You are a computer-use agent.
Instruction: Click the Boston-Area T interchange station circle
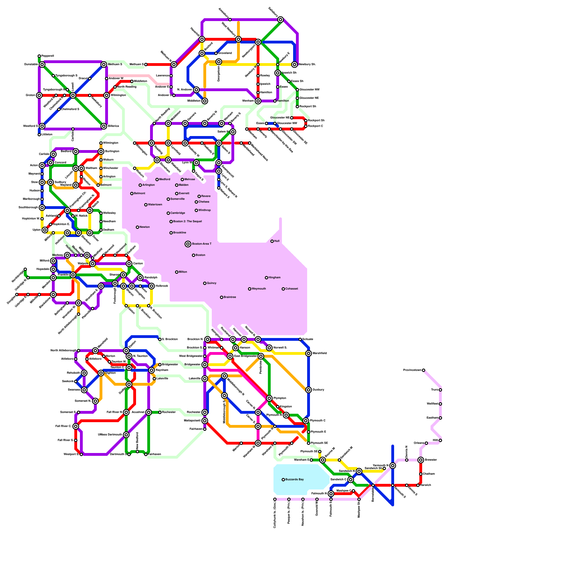(x=188, y=244)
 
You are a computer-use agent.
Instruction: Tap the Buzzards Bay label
(x=295, y=479)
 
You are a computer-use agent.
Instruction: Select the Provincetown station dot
(x=424, y=370)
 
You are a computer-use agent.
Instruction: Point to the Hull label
(x=277, y=241)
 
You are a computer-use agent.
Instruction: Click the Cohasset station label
(x=292, y=289)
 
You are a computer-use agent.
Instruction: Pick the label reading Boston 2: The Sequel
(x=188, y=222)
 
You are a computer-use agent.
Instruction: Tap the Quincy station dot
(x=205, y=283)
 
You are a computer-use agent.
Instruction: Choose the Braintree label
(x=230, y=297)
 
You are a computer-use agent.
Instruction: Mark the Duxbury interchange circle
(x=309, y=390)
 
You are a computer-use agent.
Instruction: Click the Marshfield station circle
(x=309, y=353)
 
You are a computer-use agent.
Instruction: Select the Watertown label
(x=155, y=205)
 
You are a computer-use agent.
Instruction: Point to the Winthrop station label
(x=204, y=210)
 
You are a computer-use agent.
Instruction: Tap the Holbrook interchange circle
(x=151, y=286)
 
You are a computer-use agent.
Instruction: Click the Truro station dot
(x=440, y=390)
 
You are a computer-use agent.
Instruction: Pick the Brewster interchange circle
(x=421, y=460)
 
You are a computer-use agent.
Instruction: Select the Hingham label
(x=275, y=278)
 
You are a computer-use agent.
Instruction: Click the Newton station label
(x=144, y=227)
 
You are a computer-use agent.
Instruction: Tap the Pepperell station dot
(x=39, y=56)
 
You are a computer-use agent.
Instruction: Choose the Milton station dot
(x=177, y=272)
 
